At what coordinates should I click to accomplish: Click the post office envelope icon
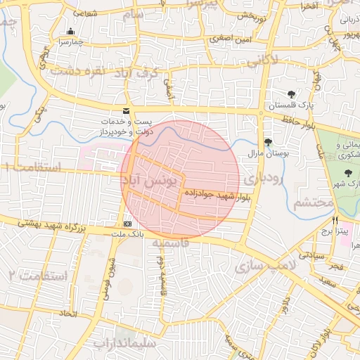(127, 111)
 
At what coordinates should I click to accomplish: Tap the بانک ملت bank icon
(127, 224)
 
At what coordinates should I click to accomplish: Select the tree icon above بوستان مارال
(268, 141)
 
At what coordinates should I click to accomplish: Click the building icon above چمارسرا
(70, 32)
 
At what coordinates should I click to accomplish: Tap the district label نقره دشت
(78, 71)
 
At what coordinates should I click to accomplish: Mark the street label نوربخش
(250, 15)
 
